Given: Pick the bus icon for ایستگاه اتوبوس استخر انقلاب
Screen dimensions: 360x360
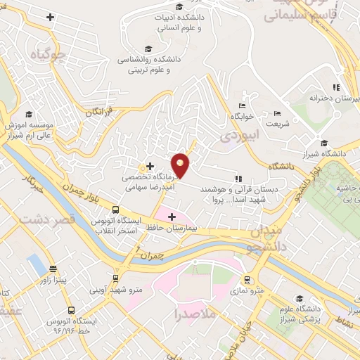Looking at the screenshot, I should [115, 209].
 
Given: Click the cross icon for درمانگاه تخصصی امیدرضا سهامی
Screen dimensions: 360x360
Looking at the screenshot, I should [150, 165].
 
